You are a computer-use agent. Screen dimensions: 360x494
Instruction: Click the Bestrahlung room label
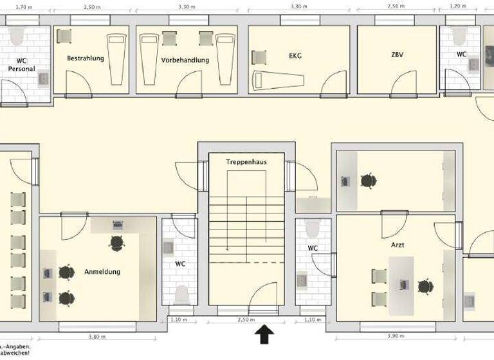click(85, 58)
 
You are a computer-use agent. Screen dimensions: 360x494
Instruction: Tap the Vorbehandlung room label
click(185, 60)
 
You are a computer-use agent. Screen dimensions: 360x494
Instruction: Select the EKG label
click(295, 56)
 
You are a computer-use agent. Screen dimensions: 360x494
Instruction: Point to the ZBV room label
click(398, 55)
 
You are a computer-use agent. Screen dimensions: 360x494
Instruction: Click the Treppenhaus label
click(246, 162)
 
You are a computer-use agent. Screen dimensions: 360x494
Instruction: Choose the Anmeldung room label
click(102, 272)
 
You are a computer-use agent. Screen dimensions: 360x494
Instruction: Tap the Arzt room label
click(397, 245)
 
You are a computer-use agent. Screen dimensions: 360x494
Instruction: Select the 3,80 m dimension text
click(97, 337)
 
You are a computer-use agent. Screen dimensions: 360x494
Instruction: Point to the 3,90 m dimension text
click(394, 337)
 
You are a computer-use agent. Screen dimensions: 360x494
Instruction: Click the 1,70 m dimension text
click(24, 6)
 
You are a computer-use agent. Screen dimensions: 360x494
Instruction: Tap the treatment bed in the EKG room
click(277, 80)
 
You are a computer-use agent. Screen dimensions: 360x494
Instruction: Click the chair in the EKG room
click(259, 57)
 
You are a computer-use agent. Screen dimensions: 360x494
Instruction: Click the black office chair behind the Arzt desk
click(425, 286)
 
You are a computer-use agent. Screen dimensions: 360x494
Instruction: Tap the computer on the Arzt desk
click(404, 283)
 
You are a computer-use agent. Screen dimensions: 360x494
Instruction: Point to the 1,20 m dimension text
click(457, 6)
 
